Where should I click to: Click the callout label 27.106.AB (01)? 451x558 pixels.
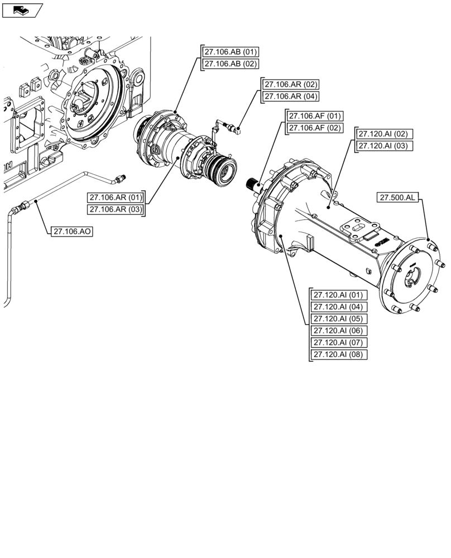click(230, 52)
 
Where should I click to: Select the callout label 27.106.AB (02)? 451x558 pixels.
click(230, 64)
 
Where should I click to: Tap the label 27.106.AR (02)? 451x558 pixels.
click(291, 84)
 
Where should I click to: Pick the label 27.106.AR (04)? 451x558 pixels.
click(291, 96)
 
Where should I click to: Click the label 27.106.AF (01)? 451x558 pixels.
click(314, 116)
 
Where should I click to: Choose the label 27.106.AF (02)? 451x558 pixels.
click(314, 128)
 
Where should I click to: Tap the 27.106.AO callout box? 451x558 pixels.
click(71, 231)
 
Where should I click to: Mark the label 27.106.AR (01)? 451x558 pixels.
click(116, 198)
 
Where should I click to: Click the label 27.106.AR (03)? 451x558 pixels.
click(116, 209)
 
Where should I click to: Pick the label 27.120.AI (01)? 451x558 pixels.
click(338, 295)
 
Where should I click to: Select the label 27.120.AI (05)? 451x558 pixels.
click(338, 319)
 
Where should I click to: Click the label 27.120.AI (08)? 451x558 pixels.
click(338, 354)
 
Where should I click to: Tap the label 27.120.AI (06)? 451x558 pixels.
click(338, 330)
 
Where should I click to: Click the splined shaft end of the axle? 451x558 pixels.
click(255, 184)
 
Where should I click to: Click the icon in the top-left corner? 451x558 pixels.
click(22, 9)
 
